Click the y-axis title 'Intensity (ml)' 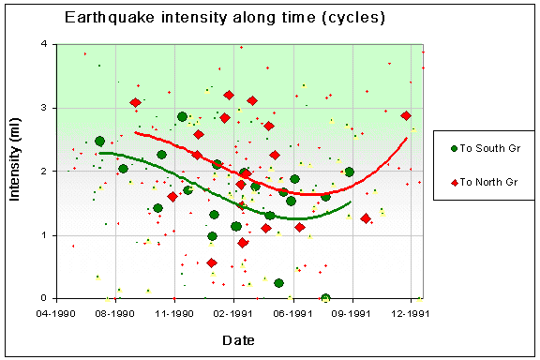(17, 171)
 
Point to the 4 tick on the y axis (47, 44)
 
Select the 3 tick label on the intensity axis (47, 108)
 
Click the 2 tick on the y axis (47, 172)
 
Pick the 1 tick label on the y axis (47, 235)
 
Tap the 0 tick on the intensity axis (47, 299)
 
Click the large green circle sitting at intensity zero (325, 298)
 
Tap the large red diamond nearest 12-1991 (406, 115)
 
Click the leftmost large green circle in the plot (99, 142)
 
